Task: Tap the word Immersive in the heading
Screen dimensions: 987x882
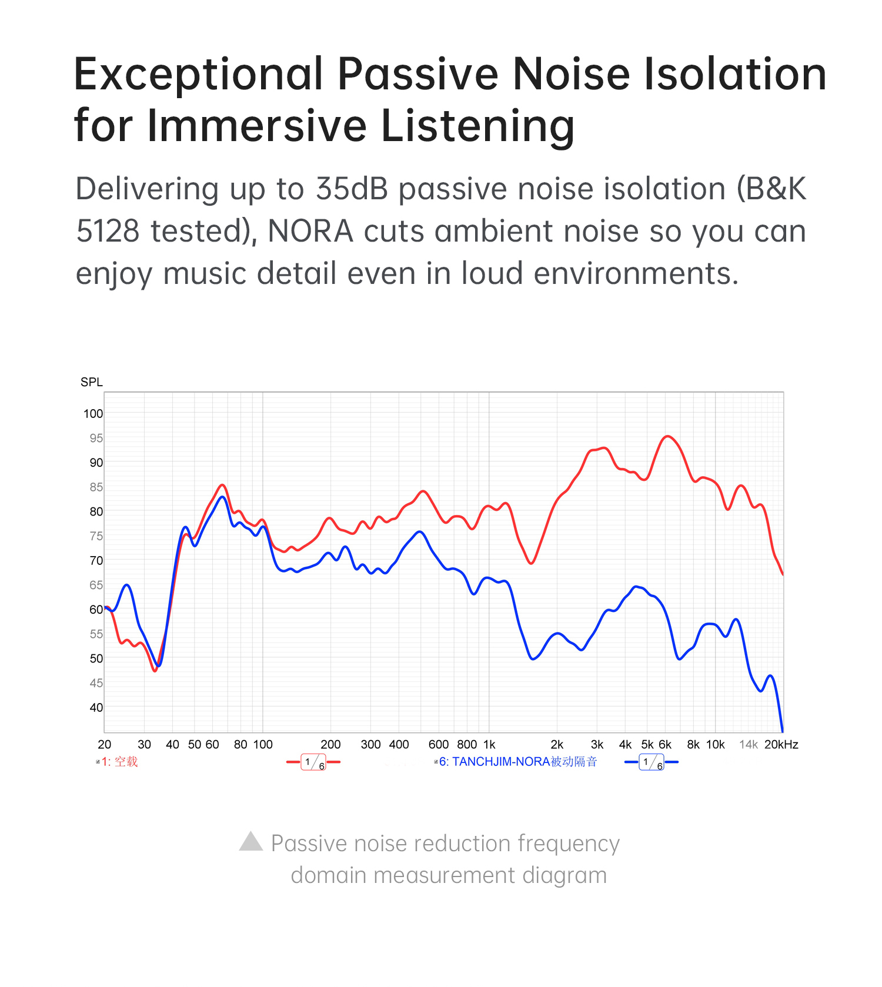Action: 256,126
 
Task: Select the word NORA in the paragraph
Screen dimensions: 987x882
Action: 310,232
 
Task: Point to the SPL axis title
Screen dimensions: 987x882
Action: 92,382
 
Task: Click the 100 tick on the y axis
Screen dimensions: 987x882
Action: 93,414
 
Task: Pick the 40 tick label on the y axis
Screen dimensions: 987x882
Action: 96,708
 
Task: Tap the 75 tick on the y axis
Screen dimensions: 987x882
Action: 96,536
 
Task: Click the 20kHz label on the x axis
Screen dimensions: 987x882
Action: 781,745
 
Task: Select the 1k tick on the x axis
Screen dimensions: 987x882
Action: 489,745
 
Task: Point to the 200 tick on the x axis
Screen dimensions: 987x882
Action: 330,745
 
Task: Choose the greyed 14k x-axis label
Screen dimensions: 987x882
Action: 749,745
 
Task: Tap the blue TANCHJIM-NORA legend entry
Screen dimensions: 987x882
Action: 517,762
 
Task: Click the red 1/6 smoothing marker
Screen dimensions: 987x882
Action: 313,762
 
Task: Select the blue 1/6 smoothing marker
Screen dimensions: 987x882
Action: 652,762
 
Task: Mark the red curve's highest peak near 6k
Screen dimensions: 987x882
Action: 667,436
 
